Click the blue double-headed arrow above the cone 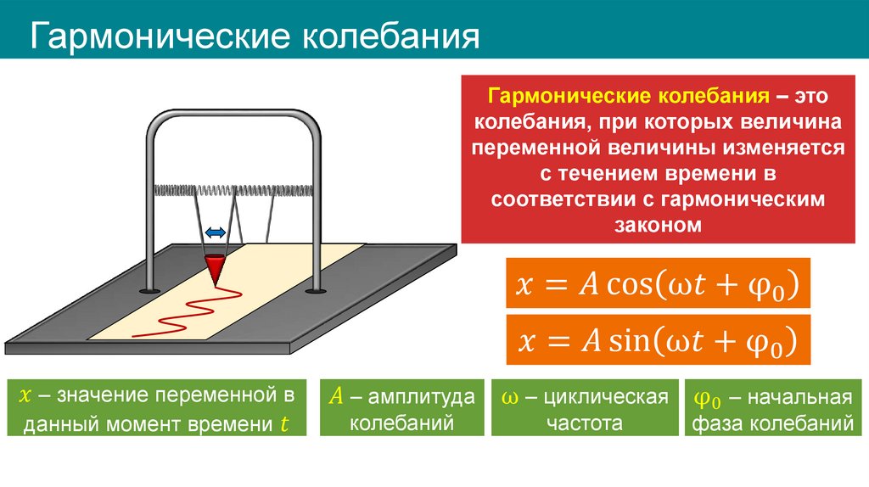215,232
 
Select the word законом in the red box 657,226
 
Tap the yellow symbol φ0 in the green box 707,397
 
